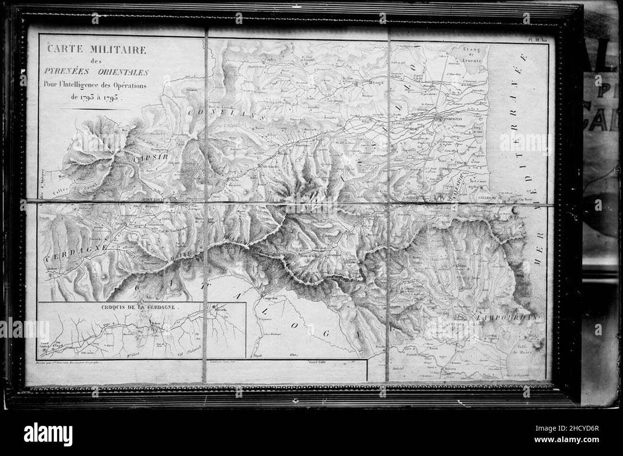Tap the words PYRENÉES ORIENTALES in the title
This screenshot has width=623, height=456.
pyautogui.click(x=96, y=72)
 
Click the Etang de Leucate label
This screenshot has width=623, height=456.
pyautogui.click(x=468, y=54)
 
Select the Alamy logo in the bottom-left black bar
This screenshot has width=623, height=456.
pyautogui.click(x=48, y=434)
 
